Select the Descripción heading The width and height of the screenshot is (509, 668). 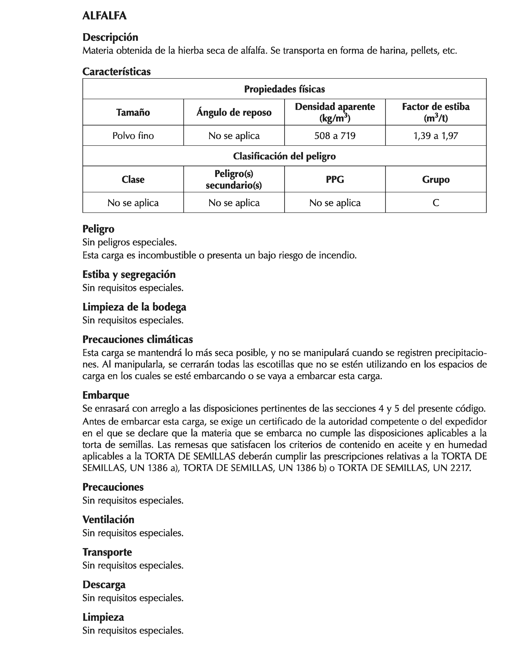(x=110, y=37)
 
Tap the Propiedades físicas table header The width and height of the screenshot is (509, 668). (x=284, y=89)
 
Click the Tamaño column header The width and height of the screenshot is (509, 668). (x=133, y=112)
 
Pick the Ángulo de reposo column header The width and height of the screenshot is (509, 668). (x=234, y=112)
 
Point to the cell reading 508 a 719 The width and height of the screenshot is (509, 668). (x=335, y=135)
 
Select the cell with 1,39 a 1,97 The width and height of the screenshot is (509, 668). (x=436, y=135)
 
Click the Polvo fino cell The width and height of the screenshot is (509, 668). (x=133, y=135)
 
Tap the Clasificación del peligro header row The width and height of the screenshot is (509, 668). (x=284, y=156)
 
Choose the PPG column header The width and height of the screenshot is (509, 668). (x=335, y=180)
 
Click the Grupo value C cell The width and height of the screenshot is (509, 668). (x=436, y=203)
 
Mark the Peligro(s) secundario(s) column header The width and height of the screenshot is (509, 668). (x=234, y=180)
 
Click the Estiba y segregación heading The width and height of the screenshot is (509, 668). (x=129, y=274)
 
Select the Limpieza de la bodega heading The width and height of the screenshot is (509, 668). (x=134, y=307)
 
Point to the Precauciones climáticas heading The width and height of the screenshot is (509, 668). (x=138, y=339)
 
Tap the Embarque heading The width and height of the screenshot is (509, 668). (x=106, y=395)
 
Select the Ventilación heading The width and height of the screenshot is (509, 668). (x=108, y=520)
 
